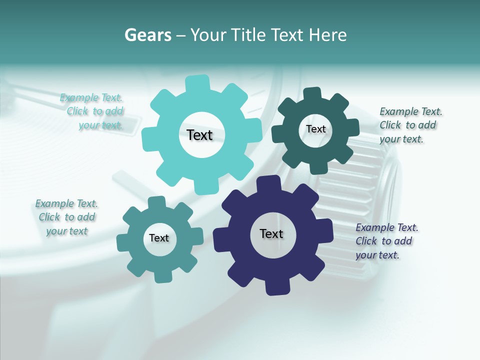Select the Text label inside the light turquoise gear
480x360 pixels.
pyautogui.click(x=199, y=135)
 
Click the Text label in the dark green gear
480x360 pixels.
pyautogui.click(x=315, y=129)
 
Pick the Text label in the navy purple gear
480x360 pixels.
pyautogui.click(x=271, y=233)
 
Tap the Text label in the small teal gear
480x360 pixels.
pyautogui.click(x=159, y=238)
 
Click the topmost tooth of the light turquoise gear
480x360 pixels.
pyautogui.click(x=197, y=83)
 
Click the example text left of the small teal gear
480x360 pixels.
pyautogui.click(x=66, y=217)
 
